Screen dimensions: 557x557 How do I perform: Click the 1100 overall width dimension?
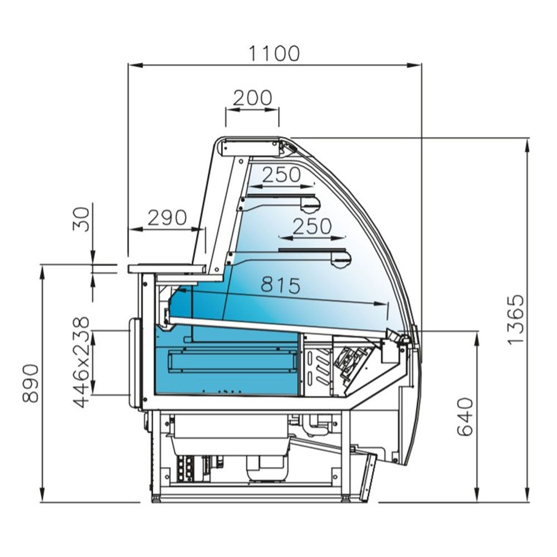pos(274,53)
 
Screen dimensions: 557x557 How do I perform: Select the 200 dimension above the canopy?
pos(252,97)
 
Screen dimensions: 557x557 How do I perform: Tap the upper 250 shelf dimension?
pos(281,175)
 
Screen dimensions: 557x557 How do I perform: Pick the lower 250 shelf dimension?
pos(312,226)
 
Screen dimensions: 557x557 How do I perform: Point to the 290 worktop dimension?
pos(167,217)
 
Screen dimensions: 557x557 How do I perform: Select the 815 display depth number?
pos(281,286)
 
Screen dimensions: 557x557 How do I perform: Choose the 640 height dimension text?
pos(465,417)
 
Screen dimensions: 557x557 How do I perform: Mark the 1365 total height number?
pos(516,319)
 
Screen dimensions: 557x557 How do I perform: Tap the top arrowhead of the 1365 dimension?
pos(527,141)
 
